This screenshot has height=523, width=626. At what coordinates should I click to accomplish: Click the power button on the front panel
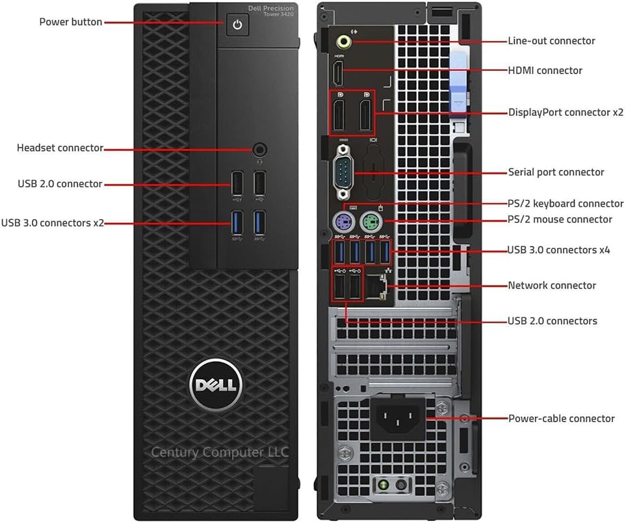point(237,25)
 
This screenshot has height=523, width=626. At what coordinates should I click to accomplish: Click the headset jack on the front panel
point(260,149)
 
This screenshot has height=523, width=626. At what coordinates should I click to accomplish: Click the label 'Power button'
point(70,22)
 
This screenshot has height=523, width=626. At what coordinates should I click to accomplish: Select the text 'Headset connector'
point(60,148)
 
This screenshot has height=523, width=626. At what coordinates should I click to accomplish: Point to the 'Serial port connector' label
point(556,172)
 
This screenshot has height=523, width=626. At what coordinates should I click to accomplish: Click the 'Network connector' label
point(551,286)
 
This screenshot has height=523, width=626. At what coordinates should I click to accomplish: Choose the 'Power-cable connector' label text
point(561,418)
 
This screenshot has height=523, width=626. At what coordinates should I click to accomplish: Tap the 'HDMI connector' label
point(545,70)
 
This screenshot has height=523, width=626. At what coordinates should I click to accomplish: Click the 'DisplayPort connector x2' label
point(566,112)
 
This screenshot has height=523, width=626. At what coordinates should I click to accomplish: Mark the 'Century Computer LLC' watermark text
point(220,452)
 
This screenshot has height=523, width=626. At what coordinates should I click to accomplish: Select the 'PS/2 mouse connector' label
point(560,219)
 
